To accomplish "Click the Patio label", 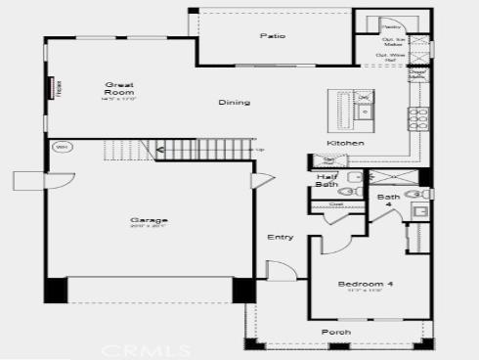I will pos(272,36).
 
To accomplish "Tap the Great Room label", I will pos(118,92).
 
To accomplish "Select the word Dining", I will pos(234,102).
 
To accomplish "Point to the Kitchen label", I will pos(345,143).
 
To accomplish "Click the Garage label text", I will pos(144,221).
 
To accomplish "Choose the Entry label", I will pos(280,237).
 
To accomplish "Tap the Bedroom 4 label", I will pos(366,284).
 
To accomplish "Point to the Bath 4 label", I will pos(388,202).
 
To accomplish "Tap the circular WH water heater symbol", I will pos(60,148).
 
